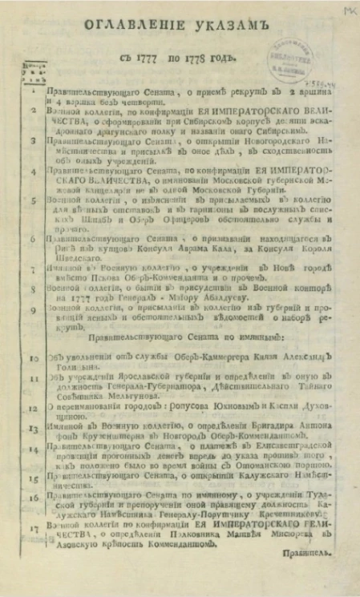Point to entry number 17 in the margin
tap(25, 530)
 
